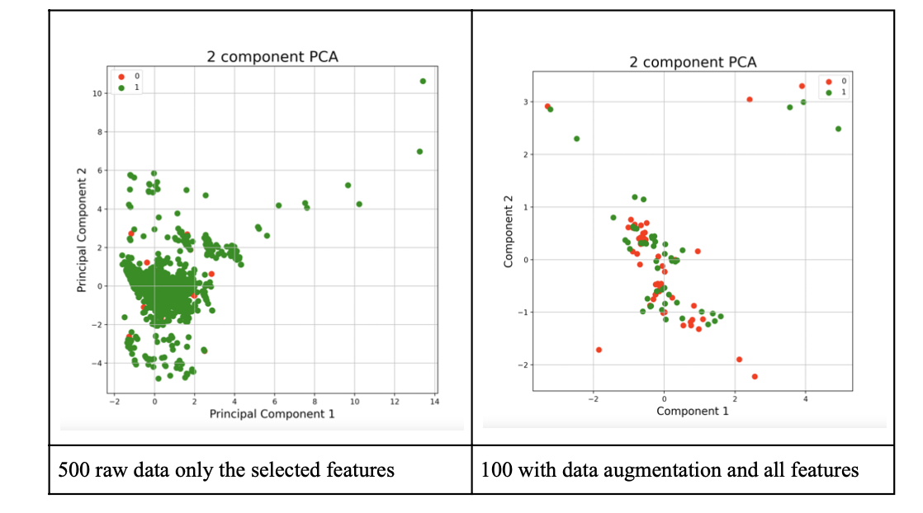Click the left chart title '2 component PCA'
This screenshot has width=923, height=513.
point(272,57)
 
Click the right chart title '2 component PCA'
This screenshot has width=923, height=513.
point(693,62)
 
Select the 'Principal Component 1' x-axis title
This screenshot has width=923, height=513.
point(272,413)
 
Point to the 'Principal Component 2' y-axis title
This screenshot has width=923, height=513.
point(82,238)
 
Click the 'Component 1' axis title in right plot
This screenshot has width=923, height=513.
point(693,411)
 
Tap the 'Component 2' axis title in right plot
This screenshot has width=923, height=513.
point(509,231)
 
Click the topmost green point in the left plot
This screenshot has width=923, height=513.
point(423,81)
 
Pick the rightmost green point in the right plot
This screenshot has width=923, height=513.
point(838,129)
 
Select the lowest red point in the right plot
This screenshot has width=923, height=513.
point(755,376)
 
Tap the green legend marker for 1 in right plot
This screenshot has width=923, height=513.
point(830,92)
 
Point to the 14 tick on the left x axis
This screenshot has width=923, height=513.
point(434,402)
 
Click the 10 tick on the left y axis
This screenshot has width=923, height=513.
point(97,94)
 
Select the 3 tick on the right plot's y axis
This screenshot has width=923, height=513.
point(523,102)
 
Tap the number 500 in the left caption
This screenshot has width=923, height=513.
point(73,470)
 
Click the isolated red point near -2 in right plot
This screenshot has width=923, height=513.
point(599,350)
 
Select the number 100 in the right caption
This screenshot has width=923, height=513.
point(495,470)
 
